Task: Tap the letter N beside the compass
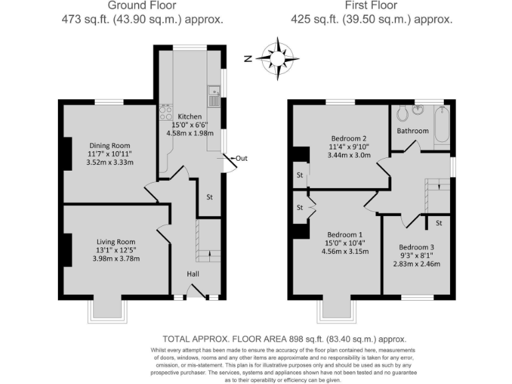pos(247,58)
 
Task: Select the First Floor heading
pos(371,7)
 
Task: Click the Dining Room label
pos(110,145)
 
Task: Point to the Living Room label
pos(116,242)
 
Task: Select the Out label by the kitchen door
pos(241,159)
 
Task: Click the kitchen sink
pos(214,97)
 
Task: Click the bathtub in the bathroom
pos(441,126)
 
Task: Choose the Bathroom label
pos(413,131)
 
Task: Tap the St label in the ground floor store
pos(209,197)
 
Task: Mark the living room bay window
pos(105,309)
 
